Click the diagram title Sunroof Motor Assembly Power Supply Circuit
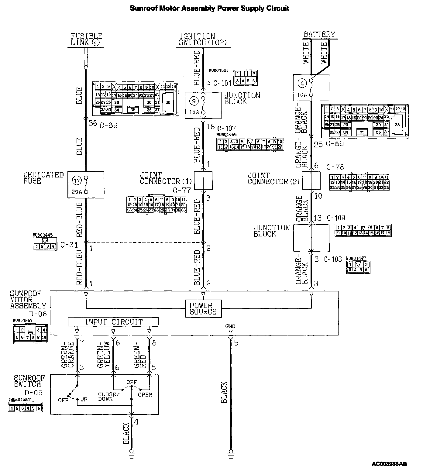click(209, 8)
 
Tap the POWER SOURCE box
click(203, 308)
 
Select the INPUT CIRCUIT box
click(113, 322)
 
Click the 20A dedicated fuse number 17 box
click(86, 185)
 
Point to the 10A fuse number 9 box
click(203, 105)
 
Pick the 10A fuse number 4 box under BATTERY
click(311, 88)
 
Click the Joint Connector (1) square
click(203, 180)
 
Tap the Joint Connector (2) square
click(311, 180)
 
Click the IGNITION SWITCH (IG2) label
click(203, 40)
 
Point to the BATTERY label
click(319, 34)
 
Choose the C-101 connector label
click(222, 83)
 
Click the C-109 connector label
click(336, 218)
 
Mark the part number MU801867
click(24, 320)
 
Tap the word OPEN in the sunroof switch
click(145, 395)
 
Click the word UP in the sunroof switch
click(84, 400)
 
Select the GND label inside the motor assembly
click(230, 326)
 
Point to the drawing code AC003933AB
click(389, 464)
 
